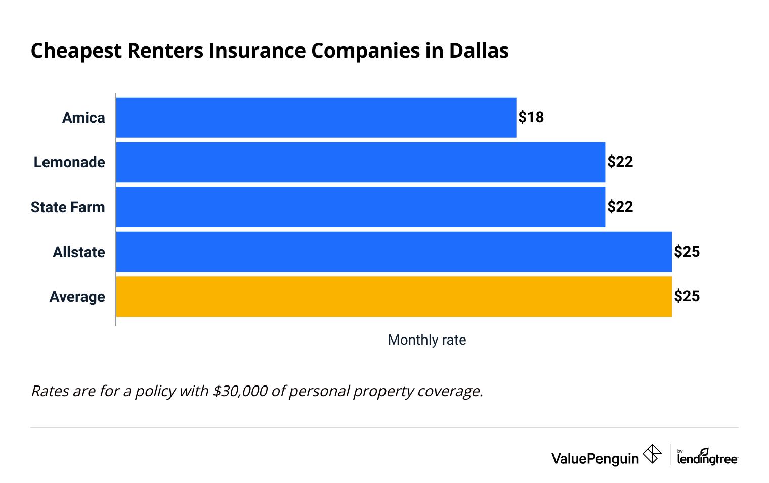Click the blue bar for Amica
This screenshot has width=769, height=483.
click(x=316, y=117)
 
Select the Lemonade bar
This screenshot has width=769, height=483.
click(x=360, y=162)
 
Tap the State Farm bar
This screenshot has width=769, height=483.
click(x=360, y=207)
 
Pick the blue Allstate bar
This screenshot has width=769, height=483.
click(x=394, y=252)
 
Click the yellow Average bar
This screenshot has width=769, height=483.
click(x=394, y=297)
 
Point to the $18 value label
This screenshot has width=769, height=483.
click(x=531, y=117)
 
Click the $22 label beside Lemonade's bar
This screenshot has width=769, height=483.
click(x=620, y=162)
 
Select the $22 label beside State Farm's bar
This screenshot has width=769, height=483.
click(x=620, y=207)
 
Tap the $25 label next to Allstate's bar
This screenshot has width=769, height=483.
click(x=687, y=251)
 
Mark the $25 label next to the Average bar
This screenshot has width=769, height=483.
click(x=687, y=296)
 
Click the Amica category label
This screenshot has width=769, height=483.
click(x=83, y=118)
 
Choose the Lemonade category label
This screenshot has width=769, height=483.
click(x=69, y=162)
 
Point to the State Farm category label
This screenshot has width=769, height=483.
click(x=68, y=207)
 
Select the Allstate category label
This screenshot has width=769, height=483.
click(x=79, y=252)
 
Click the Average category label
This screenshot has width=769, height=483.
click(x=77, y=297)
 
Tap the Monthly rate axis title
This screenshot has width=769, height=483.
click(x=426, y=340)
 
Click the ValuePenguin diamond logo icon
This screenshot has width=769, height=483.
click(x=652, y=454)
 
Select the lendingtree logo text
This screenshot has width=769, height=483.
click(x=707, y=458)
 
